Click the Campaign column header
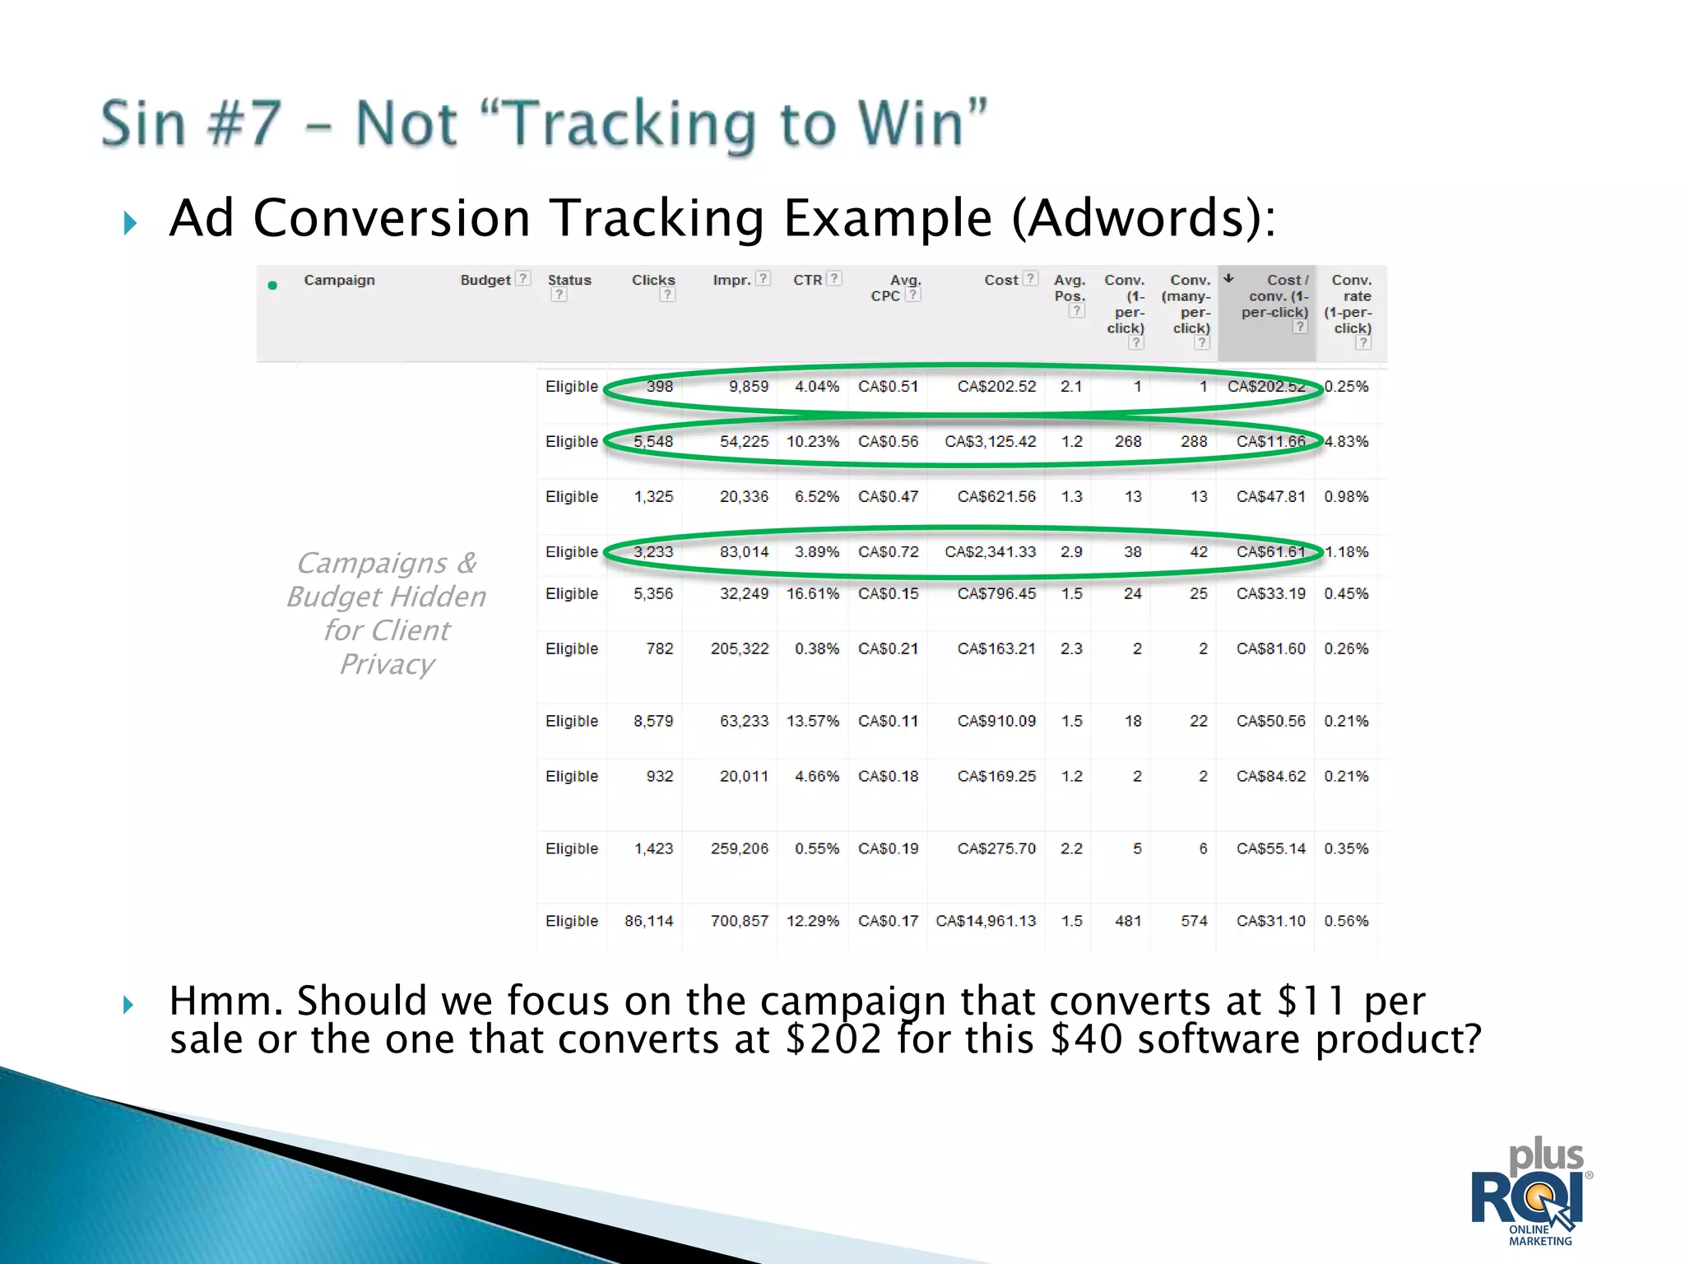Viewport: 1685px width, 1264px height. click(339, 280)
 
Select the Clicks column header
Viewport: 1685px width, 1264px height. click(652, 280)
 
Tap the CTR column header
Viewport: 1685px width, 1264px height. click(807, 280)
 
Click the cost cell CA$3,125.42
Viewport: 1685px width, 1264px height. click(990, 442)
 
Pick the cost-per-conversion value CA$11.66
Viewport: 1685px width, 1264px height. click(1270, 442)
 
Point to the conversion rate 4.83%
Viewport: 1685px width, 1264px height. click(1346, 442)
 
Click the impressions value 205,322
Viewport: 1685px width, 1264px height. click(739, 649)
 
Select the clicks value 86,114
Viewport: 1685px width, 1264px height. click(648, 922)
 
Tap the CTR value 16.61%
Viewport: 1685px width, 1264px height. click(812, 594)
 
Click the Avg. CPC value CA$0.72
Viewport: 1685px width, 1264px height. click(888, 552)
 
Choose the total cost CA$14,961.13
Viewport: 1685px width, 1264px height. click(986, 922)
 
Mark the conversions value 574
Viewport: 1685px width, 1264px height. click(1194, 922)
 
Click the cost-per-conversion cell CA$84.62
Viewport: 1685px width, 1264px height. click(1270, 777)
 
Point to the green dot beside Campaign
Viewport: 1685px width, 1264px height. click(272, 286)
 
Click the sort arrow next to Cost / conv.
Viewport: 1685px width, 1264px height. click(1228, 278)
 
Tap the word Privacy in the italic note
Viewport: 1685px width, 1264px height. click(387, 664)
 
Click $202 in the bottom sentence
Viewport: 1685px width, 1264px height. click(833, 1039)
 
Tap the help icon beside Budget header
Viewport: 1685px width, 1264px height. click(522, 279)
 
